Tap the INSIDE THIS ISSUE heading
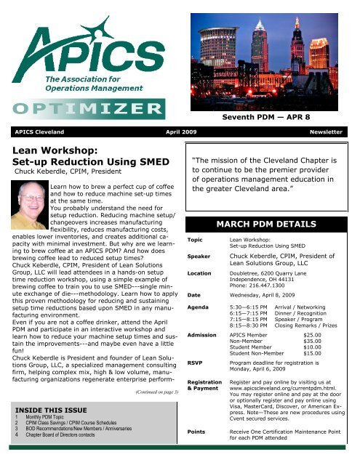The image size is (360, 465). (x=47, y=408)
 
